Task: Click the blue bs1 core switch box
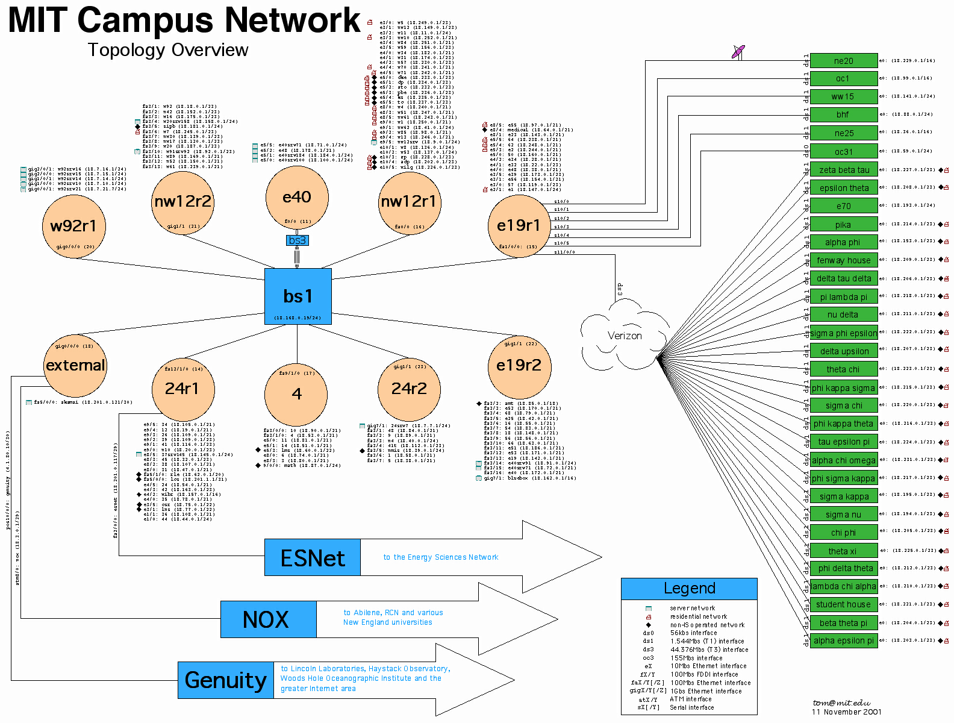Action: (298, 296)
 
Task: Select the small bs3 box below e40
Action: (297, 240)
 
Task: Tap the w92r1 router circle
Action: (73, 226)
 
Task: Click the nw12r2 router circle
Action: (183, 201)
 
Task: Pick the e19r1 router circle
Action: (519, 225)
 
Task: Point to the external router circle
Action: (75, 365)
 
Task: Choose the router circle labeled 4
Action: (296, 394)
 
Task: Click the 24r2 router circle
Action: (409, 389)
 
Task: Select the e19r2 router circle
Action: (519, 365)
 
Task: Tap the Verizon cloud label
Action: (625, 336)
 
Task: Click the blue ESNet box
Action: (313, 558)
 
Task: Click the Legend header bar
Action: (689, 589)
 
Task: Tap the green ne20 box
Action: (843, 61)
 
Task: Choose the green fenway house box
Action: (843, 260)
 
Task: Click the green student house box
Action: (843, 604)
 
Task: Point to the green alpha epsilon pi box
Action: (843, 640)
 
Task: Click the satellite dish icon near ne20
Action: (738, 51)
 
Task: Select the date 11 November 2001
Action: (846, 712)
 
